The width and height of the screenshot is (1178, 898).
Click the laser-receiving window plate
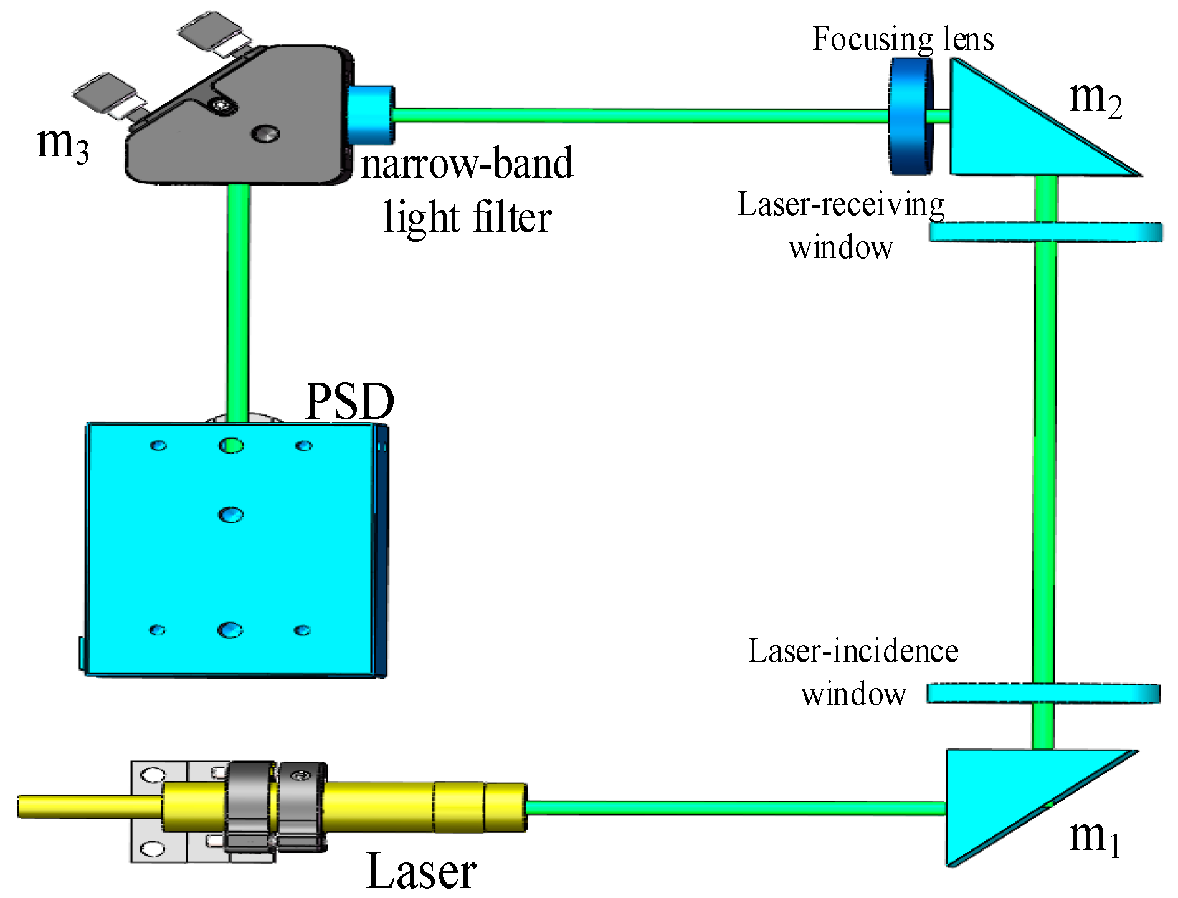(1045, 232)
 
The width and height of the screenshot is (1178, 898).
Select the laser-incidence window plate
(1043, 693)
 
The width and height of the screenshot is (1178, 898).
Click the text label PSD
(349, 401)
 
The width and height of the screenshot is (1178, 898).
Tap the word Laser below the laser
(421, 871)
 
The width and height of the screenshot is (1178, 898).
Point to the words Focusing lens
(903, 39)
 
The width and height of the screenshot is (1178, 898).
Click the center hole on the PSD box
(230, 515)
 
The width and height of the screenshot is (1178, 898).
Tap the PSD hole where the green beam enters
(231, 446)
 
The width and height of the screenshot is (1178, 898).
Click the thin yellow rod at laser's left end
(87, 806)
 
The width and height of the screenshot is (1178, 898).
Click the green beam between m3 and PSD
(238, 299)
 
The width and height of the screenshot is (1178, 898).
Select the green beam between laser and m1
(735, 808)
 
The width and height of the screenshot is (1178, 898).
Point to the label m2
(1095, 100)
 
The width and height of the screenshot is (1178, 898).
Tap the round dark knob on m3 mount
(265, 133)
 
